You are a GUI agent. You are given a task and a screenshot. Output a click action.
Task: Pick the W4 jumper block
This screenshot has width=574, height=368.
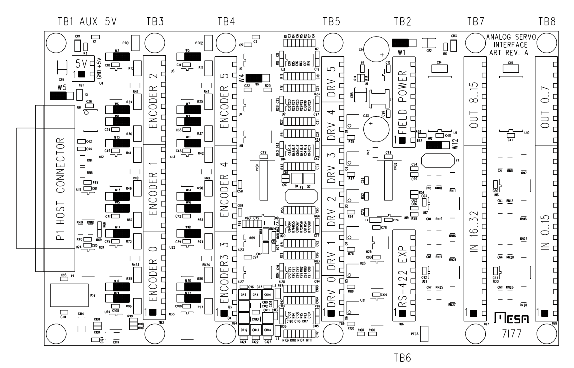(255, 78)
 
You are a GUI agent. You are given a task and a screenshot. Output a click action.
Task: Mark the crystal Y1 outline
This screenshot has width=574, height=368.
(437, 161)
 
